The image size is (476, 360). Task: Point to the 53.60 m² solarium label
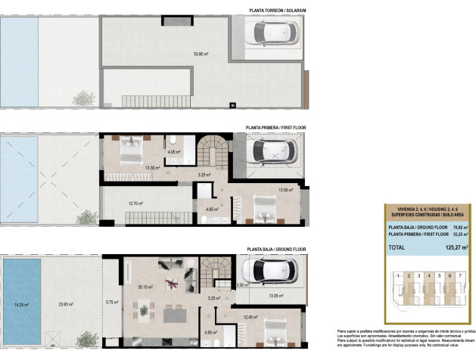click(x=201, y=54)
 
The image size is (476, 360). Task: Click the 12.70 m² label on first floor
click(x=137, y=203)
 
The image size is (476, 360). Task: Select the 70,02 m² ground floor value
click(x=452, y=226)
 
